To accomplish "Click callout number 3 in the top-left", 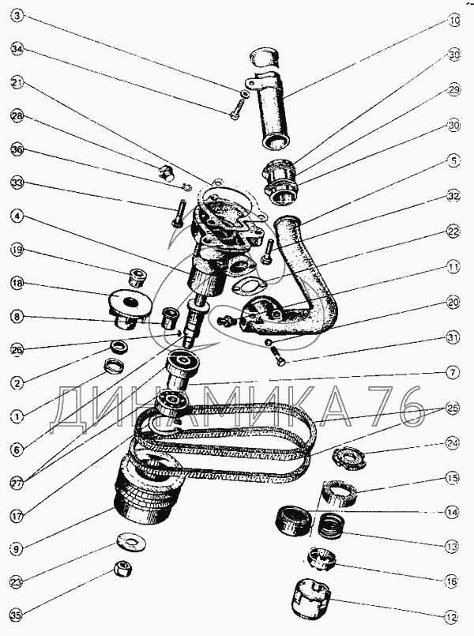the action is pyautogui.click(x=18, y=17).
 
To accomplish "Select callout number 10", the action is pyautogui.click(x=454, y=21).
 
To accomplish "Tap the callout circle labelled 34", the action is pyautogui.click(x=18, y=50).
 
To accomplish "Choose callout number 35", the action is pyautogui.click(x=17, y=616).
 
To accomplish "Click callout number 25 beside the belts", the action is pyautogui.click(x=452, y=407).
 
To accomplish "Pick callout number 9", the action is pyautogui.click(x=17, y=550).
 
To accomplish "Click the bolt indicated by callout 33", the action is pyautogui.click(x=179, y=213).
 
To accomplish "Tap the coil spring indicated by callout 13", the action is pyautogui.click(x=331, y=526).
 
